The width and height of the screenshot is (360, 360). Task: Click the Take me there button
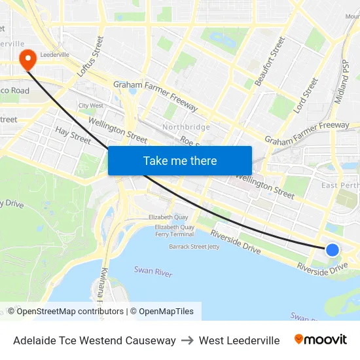(x=180, y=160)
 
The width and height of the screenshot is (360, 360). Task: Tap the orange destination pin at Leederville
(x=28, y=60)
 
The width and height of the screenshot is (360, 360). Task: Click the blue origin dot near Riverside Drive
(x=333, y=249)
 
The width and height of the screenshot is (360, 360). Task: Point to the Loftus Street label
(x=90, y=57)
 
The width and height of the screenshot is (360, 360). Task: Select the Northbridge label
(x=187, y=127)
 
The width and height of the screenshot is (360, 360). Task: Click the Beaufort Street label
(x=270, y=62)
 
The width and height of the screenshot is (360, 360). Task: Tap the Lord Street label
(x=306, y=96)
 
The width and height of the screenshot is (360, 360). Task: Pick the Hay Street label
(x=73, y=135)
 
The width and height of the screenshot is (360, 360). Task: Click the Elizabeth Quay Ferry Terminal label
(x=174, y=230)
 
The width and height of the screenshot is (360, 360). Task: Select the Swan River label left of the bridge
(x=153, y=270)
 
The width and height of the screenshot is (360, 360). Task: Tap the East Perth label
(x=339, y=185)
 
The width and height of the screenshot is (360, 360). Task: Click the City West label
(x=91, y=105)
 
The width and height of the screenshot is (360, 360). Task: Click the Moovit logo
(x=320, y=340)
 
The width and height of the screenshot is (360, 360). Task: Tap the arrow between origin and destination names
(x=187, y=340)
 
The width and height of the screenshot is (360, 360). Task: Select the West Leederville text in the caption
(x=239, y=340)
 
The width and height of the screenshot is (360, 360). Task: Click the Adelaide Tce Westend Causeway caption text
(x=94, y=340)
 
